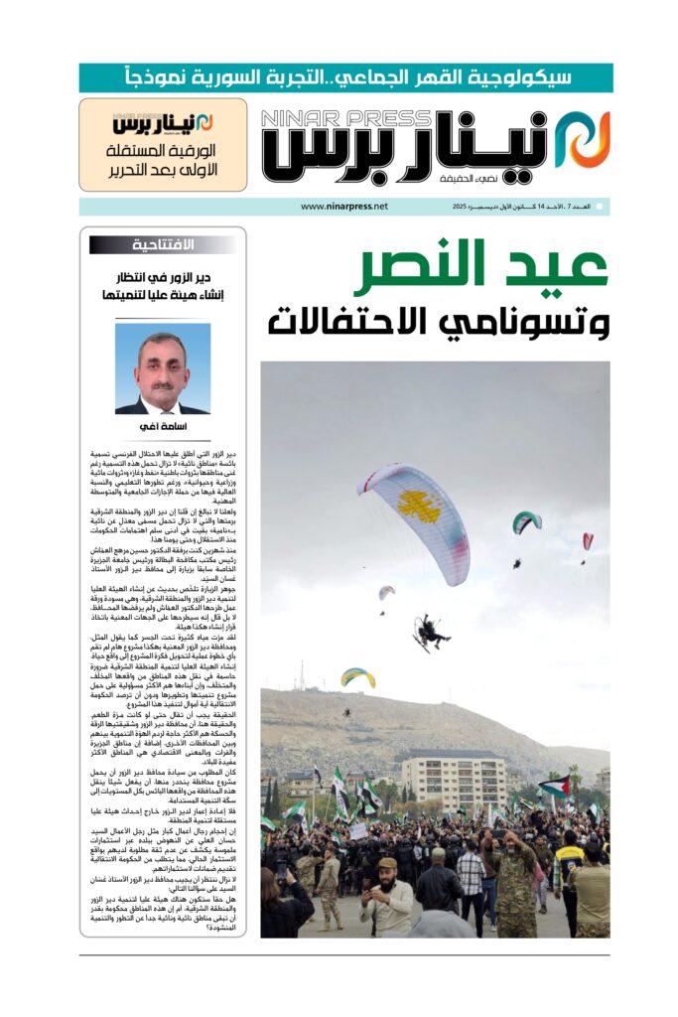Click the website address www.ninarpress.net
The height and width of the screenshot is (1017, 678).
343,207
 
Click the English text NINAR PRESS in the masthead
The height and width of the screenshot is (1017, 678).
347,119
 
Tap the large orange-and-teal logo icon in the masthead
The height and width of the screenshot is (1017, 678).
582,139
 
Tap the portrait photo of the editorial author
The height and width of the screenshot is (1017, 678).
162,367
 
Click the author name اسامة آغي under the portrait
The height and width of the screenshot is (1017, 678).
162,427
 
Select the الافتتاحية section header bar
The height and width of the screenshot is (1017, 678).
163,244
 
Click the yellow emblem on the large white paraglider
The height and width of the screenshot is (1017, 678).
420,507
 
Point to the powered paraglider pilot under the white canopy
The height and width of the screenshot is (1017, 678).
431,632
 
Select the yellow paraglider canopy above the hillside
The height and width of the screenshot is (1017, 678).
358,676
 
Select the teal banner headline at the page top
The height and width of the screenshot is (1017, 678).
345,77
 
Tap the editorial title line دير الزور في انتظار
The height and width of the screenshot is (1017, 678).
162,278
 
